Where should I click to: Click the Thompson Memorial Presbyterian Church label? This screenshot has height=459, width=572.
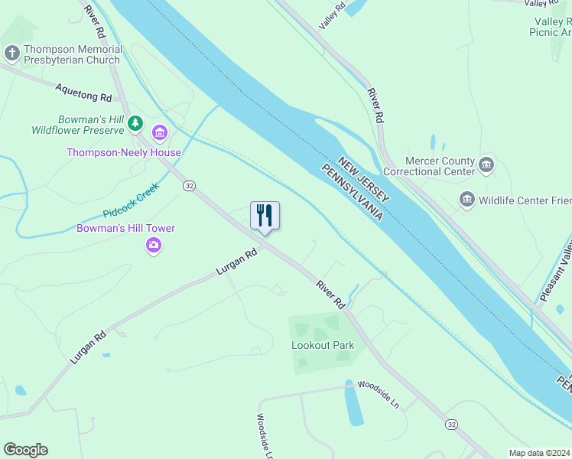[73, 54]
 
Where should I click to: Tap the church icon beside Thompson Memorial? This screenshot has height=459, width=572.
[11, 53]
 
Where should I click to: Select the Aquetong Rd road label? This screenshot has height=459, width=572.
[83, 93]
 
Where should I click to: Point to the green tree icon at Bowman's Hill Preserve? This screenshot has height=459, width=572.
[135, 122]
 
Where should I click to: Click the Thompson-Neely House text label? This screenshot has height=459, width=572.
[124, 152]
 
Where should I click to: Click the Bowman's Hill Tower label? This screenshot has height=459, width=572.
[126, 228]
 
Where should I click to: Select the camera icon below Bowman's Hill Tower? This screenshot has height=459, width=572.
[154, 246]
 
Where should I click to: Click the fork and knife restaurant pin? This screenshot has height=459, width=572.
[265, 216]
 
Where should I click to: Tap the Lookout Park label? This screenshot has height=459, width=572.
[323, 345]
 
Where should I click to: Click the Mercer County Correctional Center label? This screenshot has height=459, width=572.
[434, 166]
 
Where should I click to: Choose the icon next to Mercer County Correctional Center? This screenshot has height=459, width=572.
[486, 164]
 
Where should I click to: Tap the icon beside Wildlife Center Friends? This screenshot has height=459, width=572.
[466, 200]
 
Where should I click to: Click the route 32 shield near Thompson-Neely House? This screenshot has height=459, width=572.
[190, 186]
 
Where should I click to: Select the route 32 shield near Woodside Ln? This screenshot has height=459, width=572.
[452, 425]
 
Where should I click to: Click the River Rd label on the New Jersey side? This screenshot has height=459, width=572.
[375, 106]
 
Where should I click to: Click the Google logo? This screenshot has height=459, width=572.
[25, 450]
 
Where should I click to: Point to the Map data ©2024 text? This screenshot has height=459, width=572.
[539, 453]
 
